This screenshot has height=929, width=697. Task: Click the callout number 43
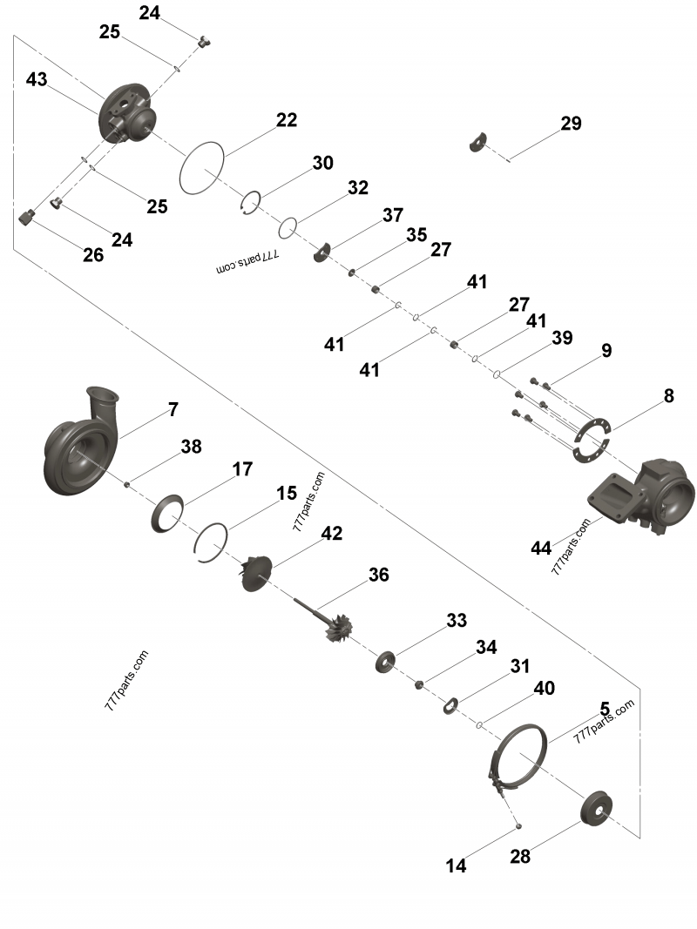coord(37,79)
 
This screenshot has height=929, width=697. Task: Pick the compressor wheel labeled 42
coord(256,573)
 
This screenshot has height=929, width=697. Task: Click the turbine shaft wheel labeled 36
coord(326,623)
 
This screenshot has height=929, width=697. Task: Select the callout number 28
coord(520,856)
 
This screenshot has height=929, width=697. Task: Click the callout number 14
coord(456,865)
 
